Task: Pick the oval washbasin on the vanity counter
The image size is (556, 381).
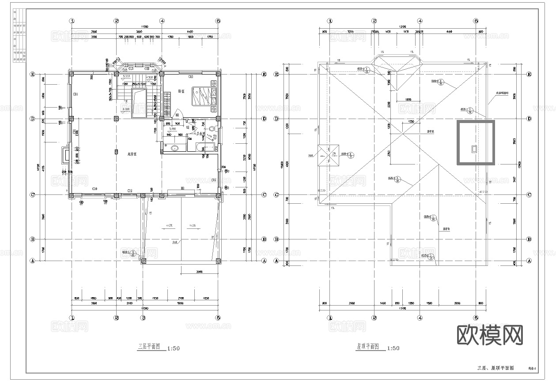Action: click(x=175, y=148)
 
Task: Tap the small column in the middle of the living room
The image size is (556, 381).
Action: click(x=116, y=152)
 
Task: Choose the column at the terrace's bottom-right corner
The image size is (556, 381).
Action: click(x=218, y=261)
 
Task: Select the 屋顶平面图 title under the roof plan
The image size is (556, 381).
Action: click(x=368, y=347)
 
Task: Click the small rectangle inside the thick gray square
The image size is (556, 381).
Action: click(x=474, y=149)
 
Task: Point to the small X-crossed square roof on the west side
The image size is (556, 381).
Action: click(x=328, y=155)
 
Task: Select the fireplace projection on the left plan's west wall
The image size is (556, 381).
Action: click(x=66, y=155)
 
